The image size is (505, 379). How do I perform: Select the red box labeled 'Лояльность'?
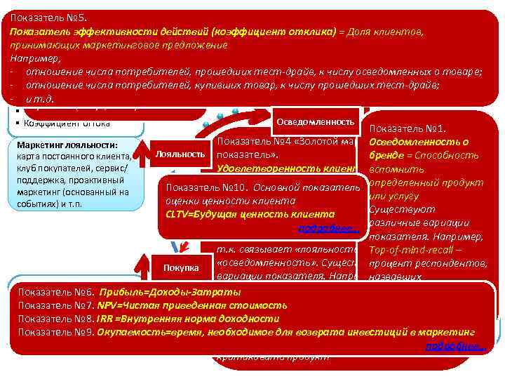point(180,153)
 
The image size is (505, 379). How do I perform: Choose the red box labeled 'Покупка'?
point(180,268)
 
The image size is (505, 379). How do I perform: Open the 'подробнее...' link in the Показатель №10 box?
point(329,229)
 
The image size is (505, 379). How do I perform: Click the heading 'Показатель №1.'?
point(408,128)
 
